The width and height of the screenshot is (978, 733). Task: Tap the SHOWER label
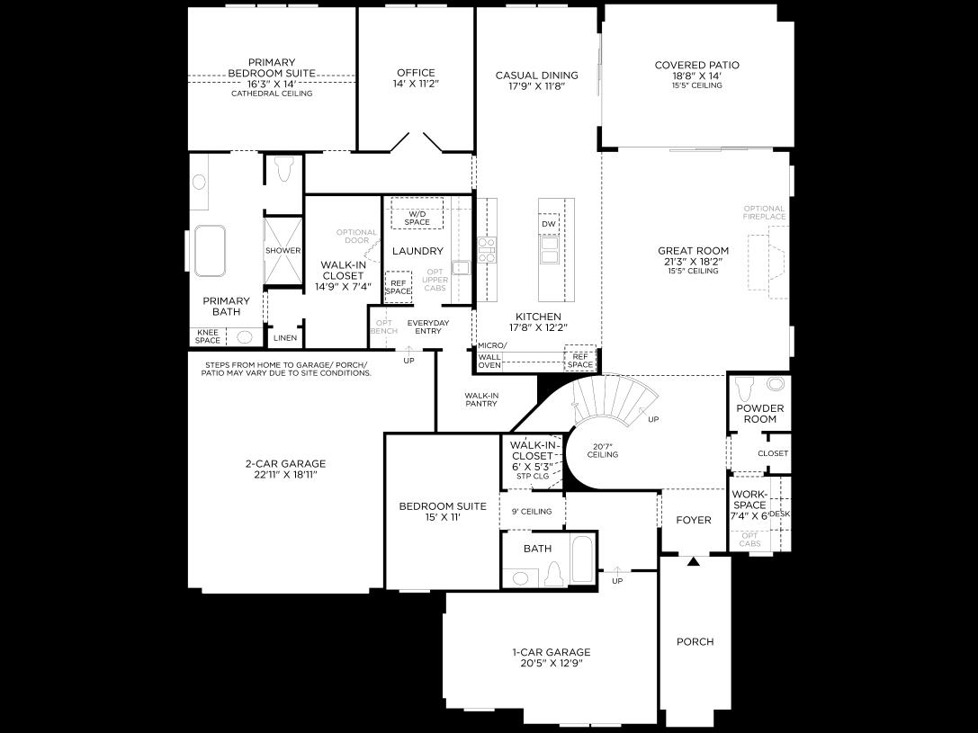[x=283, y=251]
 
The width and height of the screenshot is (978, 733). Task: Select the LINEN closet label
[x=284, y=338]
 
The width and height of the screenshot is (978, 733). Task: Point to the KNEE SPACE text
[x=207, y=336]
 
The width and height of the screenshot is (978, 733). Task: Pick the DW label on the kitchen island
[x=549, y=224]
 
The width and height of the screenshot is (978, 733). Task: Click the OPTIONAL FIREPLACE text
[x=764, y=212]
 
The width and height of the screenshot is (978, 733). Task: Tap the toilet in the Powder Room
[x=743, y=389]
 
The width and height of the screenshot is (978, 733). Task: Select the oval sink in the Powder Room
[x=776, y=384]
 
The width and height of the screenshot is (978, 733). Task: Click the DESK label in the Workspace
[x=779, y=514]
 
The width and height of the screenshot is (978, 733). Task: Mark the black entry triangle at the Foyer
[x=694, y=562]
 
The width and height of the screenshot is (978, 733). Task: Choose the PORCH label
[x=695, y=641]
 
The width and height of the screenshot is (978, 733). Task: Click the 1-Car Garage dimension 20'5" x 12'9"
[x=551, y=664]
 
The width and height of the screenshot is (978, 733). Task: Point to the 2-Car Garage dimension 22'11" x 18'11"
[x=285, y=475]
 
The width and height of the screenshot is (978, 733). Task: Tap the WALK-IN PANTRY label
[x=481, y=399]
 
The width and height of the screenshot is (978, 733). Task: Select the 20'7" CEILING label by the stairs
[x=602, y=450]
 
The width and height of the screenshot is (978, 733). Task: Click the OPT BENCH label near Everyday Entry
[x=383, y=326]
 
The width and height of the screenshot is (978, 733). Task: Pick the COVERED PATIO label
[x=696, y=65]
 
